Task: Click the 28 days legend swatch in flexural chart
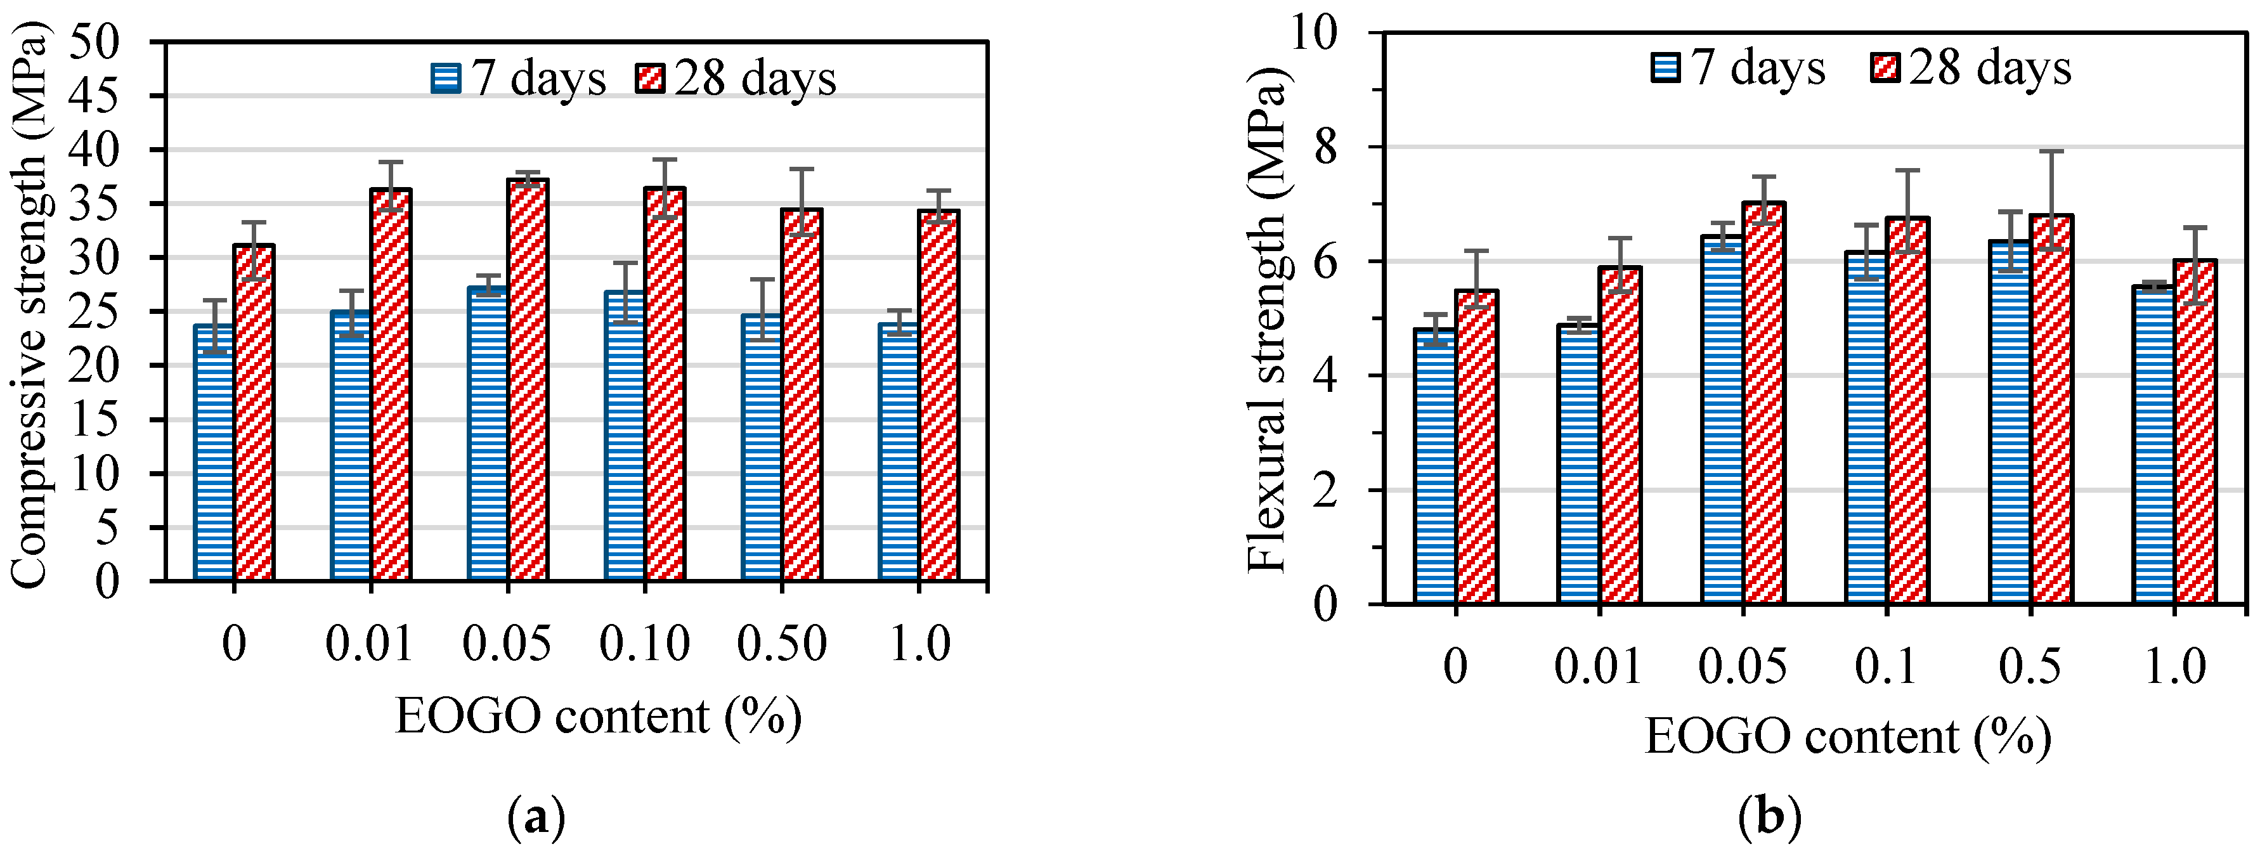(1885, 68)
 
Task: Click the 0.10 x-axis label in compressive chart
(645, 645)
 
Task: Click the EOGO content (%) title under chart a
(599, 717)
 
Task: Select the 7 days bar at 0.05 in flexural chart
(1722, 420)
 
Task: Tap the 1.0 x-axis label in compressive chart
(919, 645)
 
